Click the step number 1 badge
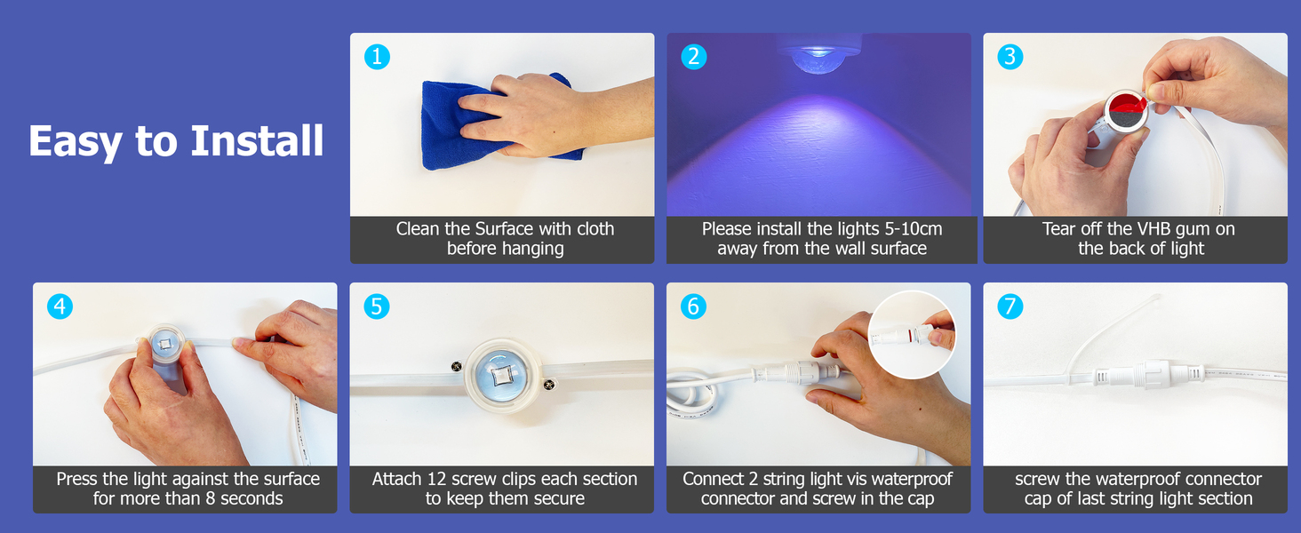[x=377, y=57]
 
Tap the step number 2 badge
[x=693, y=57]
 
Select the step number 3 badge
[x=1010, y=57]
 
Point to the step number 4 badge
[x=60, y=306]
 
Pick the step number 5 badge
[x=377, y=306]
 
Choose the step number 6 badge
[x=693, y=306]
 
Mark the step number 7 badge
[x=1010, y=306]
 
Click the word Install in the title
[x=257, y=141]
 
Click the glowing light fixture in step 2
[x=819, y=55]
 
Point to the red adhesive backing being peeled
[x=1125, y=105]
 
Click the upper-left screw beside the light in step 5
[x=457, y=366]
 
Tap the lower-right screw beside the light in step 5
[x=548, y=384]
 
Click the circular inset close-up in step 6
[x=911, y=335]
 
